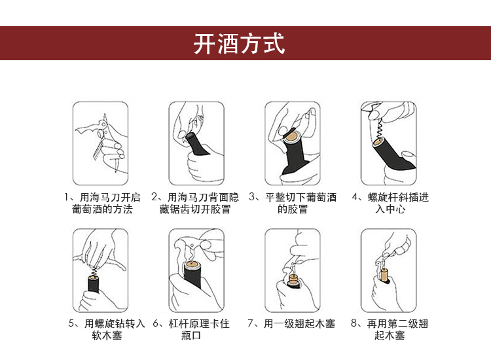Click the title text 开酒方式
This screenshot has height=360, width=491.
pos(239,43)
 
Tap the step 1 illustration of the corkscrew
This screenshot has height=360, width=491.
pos(101,143)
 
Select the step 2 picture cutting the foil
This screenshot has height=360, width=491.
pos(196,143)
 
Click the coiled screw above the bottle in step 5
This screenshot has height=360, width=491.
pos(94,271)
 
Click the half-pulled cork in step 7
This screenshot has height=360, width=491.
pos(294,279)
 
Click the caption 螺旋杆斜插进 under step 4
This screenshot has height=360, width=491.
pos(398,197)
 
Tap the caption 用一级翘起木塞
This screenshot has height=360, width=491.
pos(299,323)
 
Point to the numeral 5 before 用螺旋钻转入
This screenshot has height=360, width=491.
pos(71,323)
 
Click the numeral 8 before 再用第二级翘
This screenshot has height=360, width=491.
pos(354,323)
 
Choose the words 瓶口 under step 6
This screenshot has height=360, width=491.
pos(191,335)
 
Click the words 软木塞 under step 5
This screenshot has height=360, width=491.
pos(107,335)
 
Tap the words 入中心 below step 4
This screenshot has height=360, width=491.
pos(390,209)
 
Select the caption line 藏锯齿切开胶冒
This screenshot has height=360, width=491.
pos(195,209)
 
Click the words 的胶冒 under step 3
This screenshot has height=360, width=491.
pos(293,209)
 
